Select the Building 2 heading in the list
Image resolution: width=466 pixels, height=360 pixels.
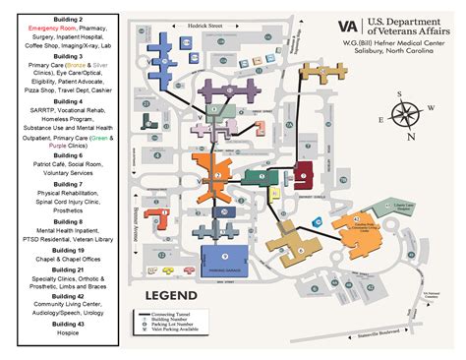(x=67, y=20)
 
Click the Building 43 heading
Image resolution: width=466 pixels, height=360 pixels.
(x=67, y=321)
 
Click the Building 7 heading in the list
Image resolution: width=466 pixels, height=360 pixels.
(x=67, y=163)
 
